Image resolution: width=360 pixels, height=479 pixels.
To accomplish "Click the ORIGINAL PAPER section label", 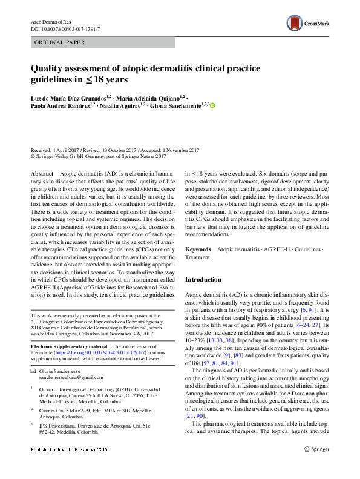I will click(x=60, y=42).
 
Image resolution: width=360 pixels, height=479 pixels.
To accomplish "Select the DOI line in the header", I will click(x=65, y=29).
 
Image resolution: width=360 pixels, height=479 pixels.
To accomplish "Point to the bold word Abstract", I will click(x=42, y=173).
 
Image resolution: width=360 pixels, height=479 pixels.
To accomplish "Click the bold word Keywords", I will click(x=198, y=249).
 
